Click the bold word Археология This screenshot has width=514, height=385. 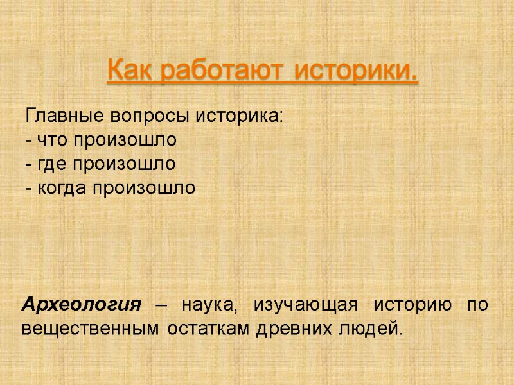[82, 304]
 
